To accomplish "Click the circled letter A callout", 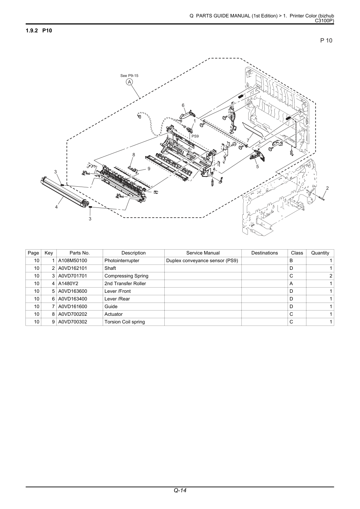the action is click(129, 82).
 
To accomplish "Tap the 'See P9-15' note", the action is click(129, 76).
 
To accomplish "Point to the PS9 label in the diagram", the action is click(195, 136).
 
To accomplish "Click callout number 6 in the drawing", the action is click(183, 105).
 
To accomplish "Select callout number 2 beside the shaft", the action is click(327, 188).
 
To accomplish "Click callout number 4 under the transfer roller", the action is click(56, 207).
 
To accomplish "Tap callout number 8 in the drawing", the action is click(134, 155).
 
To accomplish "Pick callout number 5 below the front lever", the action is click(258, 166).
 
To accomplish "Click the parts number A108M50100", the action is click(72, 261).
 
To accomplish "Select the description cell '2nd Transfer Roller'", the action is click(125, 284).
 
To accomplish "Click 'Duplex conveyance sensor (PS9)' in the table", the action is click(202, 261).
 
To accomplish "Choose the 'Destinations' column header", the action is click(265, 253).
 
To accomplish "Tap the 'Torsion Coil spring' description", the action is click(125, 322).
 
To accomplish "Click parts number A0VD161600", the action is click(72, 306).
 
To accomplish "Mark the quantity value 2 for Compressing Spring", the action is click(331, 276).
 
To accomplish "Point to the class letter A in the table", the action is click(291, 284).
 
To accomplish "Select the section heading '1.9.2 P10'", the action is click(39, 31).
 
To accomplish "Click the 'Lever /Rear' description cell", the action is click(117, 299).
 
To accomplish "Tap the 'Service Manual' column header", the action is click(203, 253).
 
